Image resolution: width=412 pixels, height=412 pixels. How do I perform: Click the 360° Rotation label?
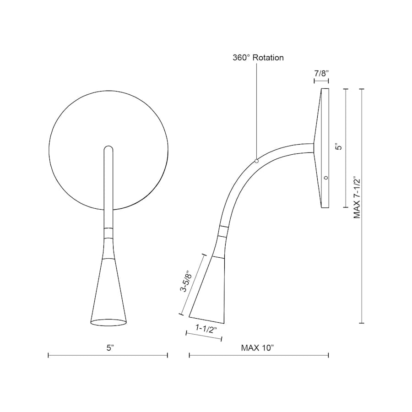[x=258, y=58]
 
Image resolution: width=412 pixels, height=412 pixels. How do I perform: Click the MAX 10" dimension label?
[x=257, y=347]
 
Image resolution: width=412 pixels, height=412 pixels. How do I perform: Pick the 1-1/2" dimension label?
[x=206, y=328]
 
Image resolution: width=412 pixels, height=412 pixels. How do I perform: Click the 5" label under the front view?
[x=110, y=347]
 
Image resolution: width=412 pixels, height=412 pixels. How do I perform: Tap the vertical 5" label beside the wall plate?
[x=338, y=147]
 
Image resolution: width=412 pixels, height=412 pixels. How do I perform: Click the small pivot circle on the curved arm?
[x=257, y=161]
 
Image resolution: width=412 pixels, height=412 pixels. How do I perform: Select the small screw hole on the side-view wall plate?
[x=325, y=177]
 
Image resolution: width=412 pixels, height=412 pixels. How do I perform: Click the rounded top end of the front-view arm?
[x=108, y=149]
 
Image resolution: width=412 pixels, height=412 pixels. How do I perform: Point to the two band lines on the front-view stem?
[x=108, y=233]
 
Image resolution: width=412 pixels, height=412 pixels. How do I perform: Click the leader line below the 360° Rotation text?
[x=257, y=110]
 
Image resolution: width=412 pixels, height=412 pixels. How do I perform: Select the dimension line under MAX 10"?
[x=259, y=355]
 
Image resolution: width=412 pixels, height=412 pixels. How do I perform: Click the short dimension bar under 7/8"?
[x=321, y=81]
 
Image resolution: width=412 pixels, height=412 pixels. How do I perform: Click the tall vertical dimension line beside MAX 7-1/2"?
[x=362, y=206]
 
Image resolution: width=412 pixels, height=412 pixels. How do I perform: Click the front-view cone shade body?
[x=108, y=293]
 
